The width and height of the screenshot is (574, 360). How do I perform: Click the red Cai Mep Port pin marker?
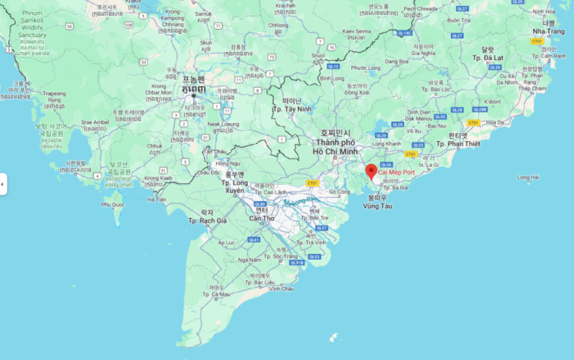371,171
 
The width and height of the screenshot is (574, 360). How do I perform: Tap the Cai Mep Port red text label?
397,172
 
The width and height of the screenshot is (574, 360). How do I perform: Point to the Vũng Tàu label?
377,206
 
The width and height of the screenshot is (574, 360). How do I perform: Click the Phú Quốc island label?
112,203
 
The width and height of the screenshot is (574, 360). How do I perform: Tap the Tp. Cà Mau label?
216,295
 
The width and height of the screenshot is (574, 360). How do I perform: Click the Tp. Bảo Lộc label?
436,89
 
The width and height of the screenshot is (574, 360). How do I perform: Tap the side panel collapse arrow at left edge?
3,184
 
